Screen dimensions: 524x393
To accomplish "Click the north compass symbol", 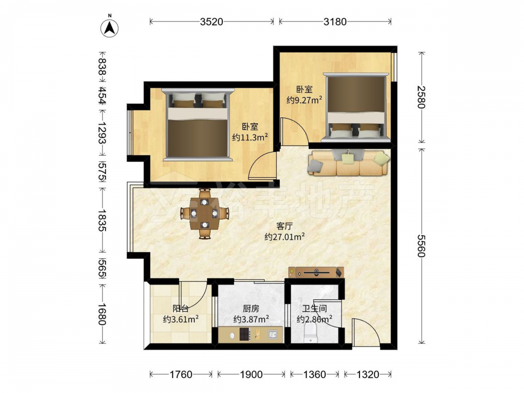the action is tap(110, 27).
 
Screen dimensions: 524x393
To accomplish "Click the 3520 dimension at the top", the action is tap(212, 21).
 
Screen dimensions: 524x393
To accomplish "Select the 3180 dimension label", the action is tap(335, 21).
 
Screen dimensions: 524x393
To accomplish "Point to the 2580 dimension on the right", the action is tap(421, 97).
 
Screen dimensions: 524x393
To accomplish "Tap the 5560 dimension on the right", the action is tap(421, 246).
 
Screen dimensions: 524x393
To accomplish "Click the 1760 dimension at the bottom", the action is tap(181, 374).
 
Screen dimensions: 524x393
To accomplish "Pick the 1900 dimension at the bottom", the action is tap(251, 374).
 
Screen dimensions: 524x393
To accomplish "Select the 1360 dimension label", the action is tap(314, 374).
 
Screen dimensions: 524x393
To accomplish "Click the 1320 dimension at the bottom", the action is tap(368, 374).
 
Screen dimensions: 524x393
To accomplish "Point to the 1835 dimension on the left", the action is tap(102, 220).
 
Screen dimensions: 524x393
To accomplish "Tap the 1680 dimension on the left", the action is tap(102, 314).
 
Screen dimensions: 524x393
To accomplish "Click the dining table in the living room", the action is tap(204, 214).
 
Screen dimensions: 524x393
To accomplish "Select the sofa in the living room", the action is tap(348, 163).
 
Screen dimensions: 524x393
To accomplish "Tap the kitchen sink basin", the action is tap(272, 334).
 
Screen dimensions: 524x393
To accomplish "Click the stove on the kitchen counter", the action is tap(245, 334).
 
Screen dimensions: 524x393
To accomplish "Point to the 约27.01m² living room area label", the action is tap(285, 237).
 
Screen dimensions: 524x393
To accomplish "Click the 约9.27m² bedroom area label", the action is tap(304, 100).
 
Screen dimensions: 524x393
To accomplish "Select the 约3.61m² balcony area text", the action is tap(181, 319).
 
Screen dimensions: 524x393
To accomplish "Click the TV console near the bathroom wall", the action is tap(316, 272).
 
